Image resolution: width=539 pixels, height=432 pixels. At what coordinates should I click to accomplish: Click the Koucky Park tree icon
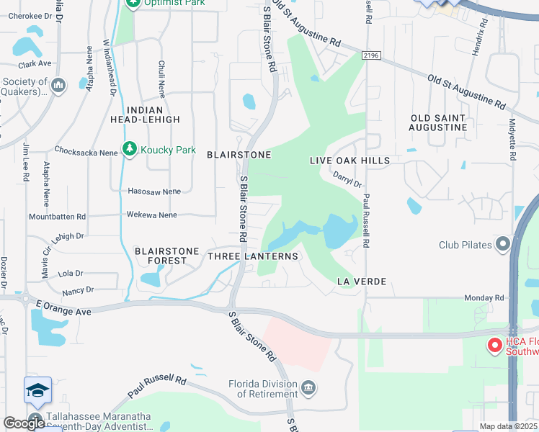point(130,150)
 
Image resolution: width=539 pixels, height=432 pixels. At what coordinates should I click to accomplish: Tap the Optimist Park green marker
point(133,4)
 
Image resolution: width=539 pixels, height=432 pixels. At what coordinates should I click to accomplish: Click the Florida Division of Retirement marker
point(308,388)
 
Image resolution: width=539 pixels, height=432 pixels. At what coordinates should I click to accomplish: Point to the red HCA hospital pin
point(495,346)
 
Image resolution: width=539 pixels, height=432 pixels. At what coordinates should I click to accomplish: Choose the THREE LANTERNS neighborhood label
point(252,256)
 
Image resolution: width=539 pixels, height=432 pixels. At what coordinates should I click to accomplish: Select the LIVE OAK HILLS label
point(349,161)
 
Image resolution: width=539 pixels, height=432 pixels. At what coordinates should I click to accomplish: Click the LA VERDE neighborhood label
point(362,281)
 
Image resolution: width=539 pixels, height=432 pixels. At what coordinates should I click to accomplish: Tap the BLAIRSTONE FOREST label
point(166,256)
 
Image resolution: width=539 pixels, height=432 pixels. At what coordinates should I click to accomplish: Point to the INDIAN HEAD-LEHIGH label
point(153,114)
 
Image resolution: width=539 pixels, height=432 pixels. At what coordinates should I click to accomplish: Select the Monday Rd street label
point(484,297)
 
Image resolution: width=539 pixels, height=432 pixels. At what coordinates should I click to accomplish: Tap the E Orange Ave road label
point(64,308)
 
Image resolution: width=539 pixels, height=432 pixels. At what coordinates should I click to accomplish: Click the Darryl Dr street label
point(347,179)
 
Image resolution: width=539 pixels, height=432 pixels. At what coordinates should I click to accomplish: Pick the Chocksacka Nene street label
point(86,151)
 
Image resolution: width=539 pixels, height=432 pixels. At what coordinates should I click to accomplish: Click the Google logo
point(24,423)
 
